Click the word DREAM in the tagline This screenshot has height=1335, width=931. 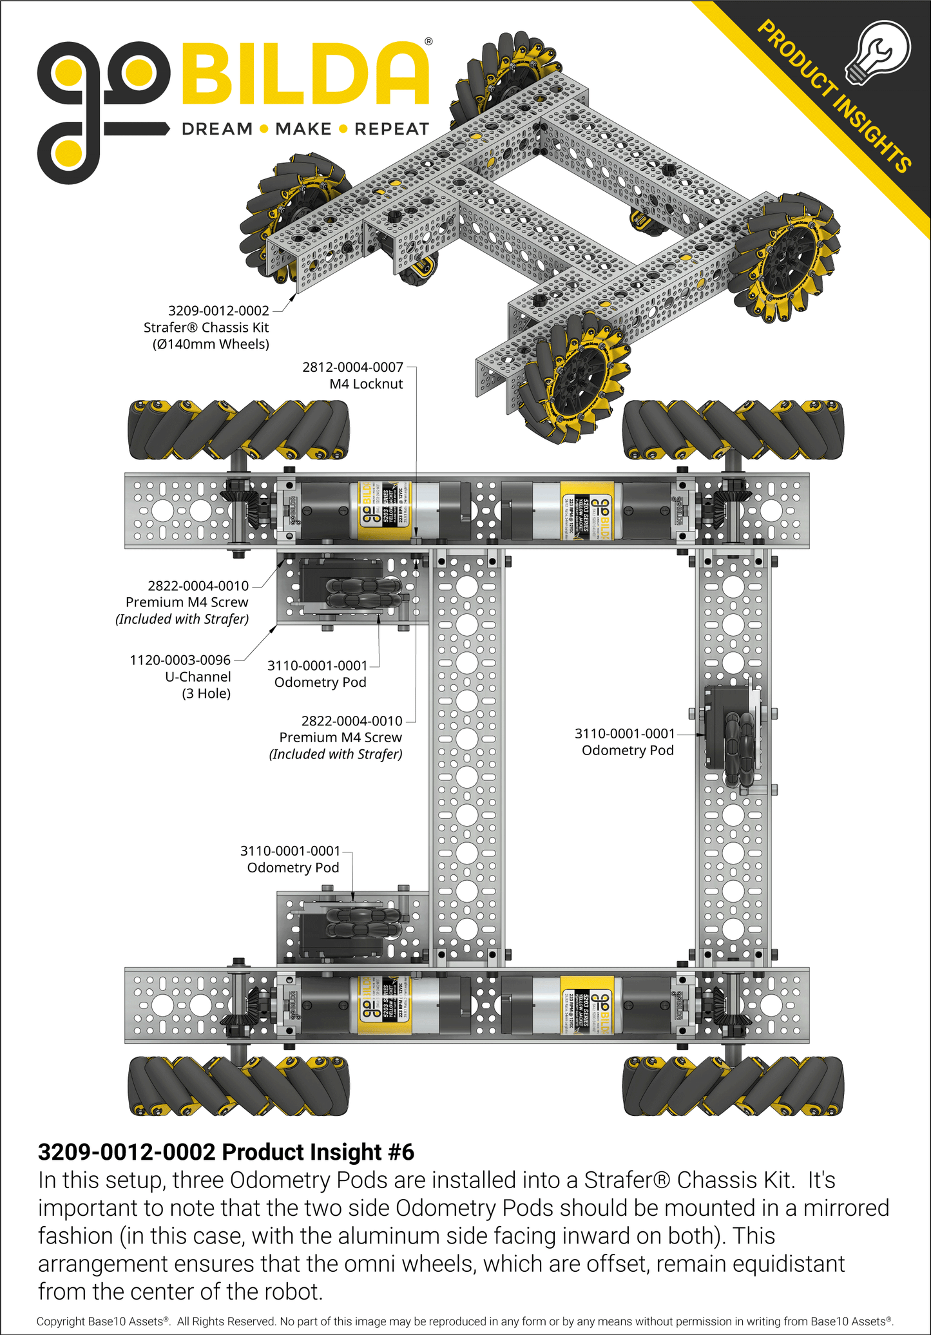(x=217, y=129)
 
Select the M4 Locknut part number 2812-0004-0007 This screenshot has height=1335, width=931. (x=352, y=367)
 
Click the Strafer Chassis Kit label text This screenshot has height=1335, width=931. (x=206, y=327)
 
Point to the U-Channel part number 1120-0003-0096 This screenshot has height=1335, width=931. (x=180, y=660)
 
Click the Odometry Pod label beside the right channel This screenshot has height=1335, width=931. (x=628, y=750)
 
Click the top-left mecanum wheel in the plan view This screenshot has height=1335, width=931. (x=238, y=430)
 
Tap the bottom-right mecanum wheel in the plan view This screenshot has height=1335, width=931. (x=733, y=1086)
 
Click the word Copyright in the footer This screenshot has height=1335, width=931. (x=61, y=1321)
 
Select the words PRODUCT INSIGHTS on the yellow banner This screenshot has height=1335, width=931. (x=834, y=97)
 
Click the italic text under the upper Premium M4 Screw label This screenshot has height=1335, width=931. (x=182, y=619)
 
